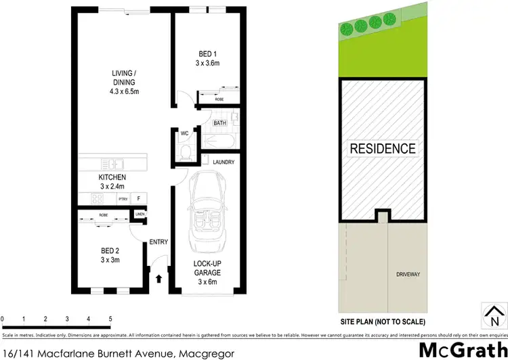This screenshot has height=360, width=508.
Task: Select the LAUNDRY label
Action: click(223, 162)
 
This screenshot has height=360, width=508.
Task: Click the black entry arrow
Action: click(159, 278)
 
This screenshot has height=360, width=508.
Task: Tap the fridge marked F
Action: click(139, 199)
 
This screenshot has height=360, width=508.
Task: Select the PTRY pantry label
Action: click(123, 199)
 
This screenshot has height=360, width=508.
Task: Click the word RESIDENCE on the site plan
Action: click(383, 148)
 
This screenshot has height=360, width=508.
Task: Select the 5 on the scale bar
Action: click(110, 318)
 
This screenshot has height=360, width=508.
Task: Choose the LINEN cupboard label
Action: click(140, 215)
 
